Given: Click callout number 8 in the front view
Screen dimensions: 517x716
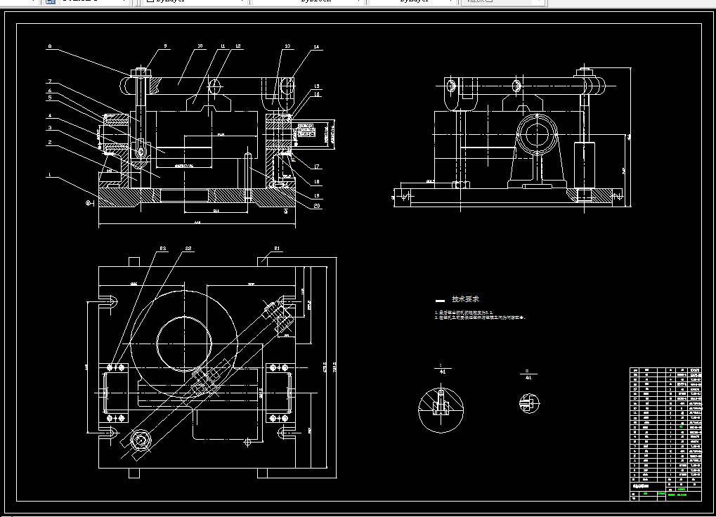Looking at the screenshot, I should pos(49,47).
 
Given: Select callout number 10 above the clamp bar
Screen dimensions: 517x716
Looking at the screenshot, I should pos(200,46).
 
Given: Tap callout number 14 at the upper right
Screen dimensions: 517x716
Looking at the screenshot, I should pos(316,47).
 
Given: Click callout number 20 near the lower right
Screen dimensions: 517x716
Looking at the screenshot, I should pos(318,206).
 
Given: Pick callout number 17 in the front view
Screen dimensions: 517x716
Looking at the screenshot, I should pos(318,167).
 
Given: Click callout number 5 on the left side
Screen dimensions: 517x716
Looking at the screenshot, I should pos(49,98).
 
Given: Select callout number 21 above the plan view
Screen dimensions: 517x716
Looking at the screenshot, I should pos(278,248).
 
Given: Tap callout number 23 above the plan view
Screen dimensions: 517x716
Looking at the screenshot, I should pos(162,248).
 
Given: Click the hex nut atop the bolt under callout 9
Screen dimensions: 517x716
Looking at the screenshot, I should pos(138,72).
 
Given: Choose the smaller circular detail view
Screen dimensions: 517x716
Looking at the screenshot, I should pos(528,403).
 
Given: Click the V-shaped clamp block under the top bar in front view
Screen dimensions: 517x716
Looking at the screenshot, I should pos(208,103).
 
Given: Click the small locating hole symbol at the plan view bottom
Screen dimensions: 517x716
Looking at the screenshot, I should pos(247,442).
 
